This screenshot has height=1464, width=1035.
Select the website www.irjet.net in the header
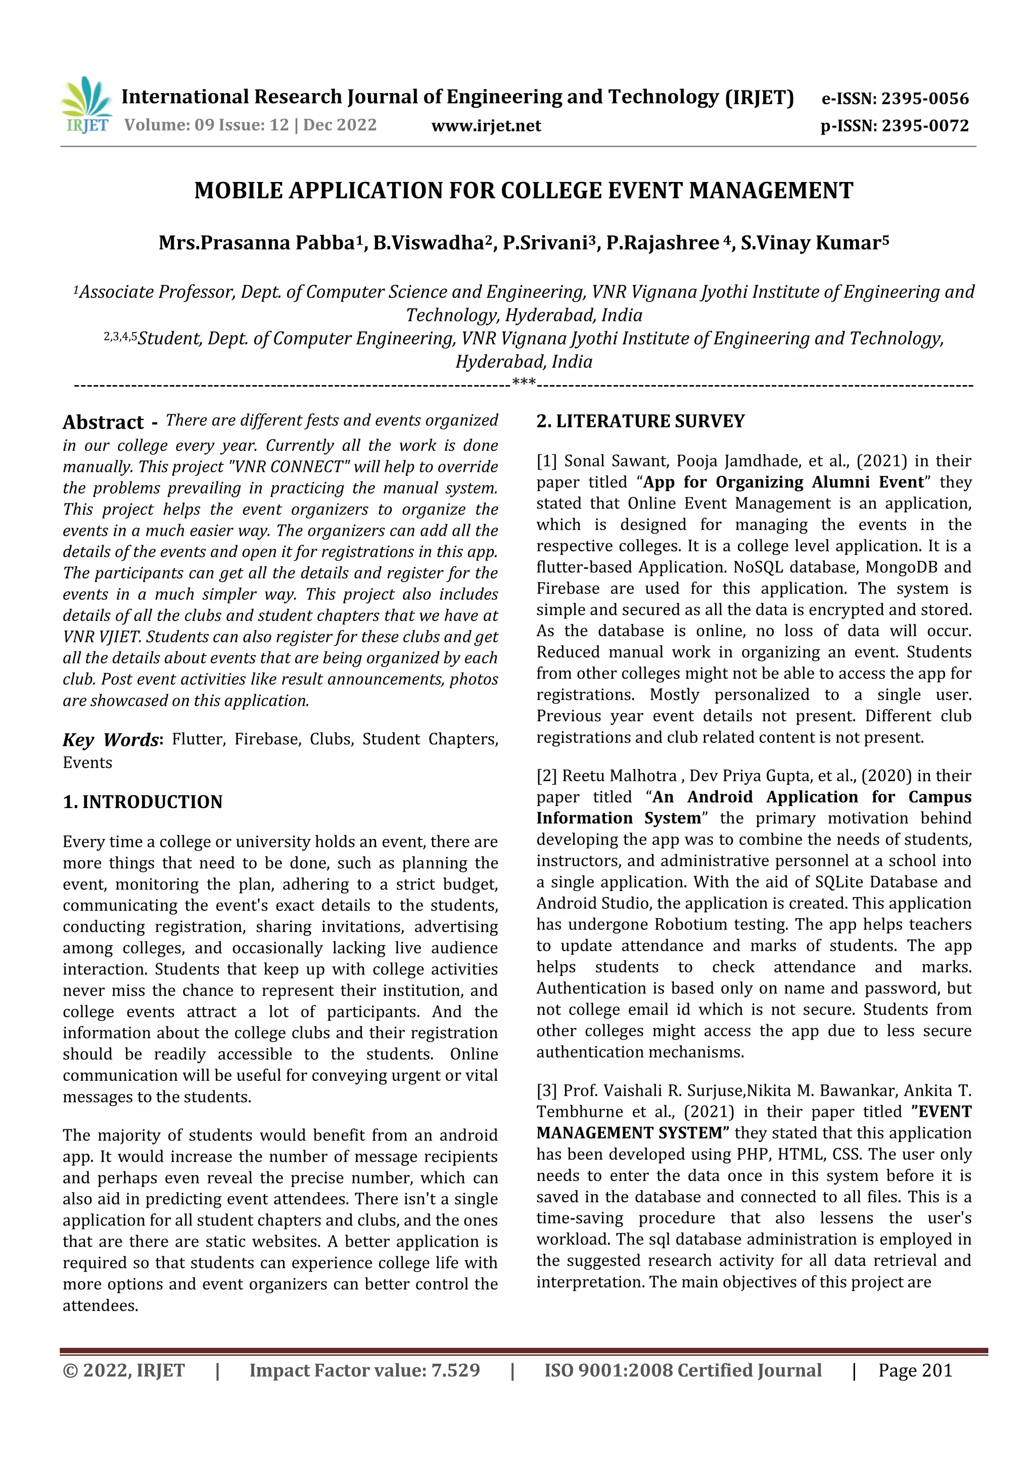(486, 126)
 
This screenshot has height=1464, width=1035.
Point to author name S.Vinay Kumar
(810, 243)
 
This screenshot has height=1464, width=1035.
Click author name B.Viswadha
(429, 243)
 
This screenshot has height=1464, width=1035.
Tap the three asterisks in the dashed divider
(524, 384)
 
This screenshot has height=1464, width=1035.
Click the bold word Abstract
(103, 422)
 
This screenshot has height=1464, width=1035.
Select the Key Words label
(110, 740)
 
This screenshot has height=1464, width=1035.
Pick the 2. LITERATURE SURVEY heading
(640, 421)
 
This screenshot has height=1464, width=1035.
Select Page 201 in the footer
(915, 1371)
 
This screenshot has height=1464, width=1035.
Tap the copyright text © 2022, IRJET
(124, 1371)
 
